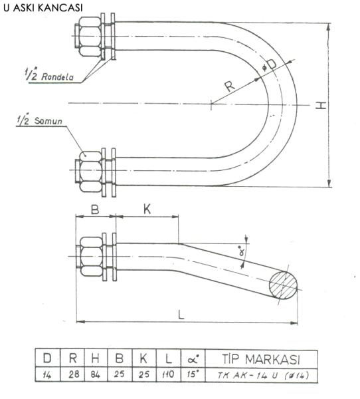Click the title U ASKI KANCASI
pyautogui.click(x=43, y=7)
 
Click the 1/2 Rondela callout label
pyautogui.click(x=49, y=75)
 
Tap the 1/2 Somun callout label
pyautogui.click(x=40, y=120)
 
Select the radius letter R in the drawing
pyautogui.click(x=230, y=86)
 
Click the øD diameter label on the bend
pyautogui.click(x=269, y=65)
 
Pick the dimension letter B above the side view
pyautogui.click(x=95, y=210)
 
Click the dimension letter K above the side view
pyautogui.click(x=147, y=209)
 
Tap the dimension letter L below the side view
pyautogui.click(x=181, y=315)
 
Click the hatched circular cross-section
pyautogui.click(x=283, y=285)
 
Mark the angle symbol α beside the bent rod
pyautogui.click(x=242, y=251)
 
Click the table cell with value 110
pyautogui.click(x=169, y=374)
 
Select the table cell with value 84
pyautogui.click(x=96, y=374)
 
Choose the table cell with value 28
pyautogui.click(x=72, y=374)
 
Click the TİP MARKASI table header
pyautogui.click(x=261, y=359)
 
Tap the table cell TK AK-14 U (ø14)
pyautogui.click(x=261, y=375)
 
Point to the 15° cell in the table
pyautogui.click(x=193, y=374)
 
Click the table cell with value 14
pyautogui.click(x=48, y=374)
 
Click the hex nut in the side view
pyautogui.click(x=91, y=257)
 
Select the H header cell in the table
pyautogui.click(x=96, y=358)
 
